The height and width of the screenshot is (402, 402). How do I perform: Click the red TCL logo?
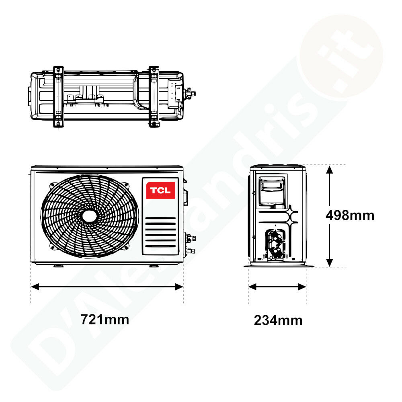pos(160,190)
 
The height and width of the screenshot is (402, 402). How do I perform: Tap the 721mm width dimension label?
pos(105,320)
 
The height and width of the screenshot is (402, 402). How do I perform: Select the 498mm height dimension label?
pos(350,215)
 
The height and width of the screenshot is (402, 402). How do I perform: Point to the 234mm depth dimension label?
pos(278,320)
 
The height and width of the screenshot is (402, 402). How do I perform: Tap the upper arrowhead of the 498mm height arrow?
pos(330,170)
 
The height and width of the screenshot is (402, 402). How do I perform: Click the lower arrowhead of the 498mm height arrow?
pos(330,262)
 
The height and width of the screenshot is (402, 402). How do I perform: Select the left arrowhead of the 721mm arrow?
pos(35,287)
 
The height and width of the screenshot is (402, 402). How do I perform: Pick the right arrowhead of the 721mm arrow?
pos(179,287)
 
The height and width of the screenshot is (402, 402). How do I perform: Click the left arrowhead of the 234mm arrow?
pos(252,287)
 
